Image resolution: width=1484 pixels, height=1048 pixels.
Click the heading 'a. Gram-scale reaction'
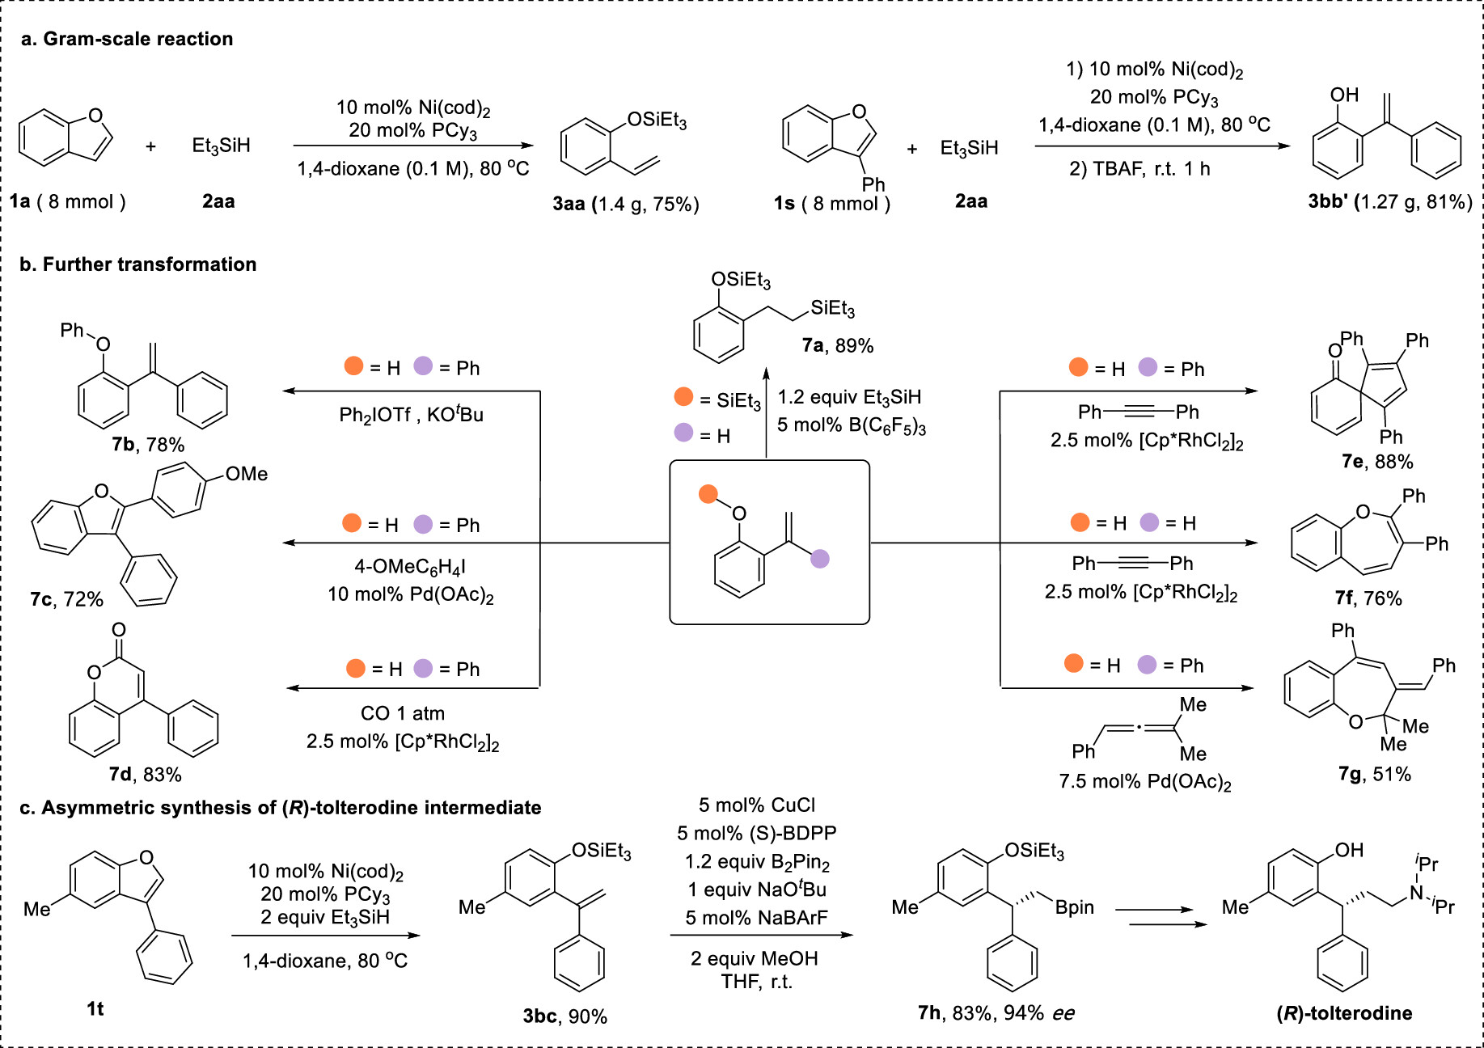(127, 39)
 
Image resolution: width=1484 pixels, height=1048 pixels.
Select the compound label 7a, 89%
(837, 346)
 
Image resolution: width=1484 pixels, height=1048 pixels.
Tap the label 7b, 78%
(148, 445)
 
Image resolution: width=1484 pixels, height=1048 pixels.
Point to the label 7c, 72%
(66, 599)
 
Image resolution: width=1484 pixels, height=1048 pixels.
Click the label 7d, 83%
(145, 775)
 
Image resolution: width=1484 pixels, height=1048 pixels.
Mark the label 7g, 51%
(1374, 774)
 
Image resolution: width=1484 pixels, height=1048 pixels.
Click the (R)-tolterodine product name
(1344, 1013)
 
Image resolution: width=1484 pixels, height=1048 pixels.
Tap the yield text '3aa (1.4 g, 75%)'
(625, 204)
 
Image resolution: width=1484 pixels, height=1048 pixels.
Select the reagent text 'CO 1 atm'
(402, 713)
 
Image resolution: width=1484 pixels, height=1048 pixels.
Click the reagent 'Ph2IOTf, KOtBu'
(411, 415)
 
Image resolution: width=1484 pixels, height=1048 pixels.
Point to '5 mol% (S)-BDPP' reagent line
(756, 833)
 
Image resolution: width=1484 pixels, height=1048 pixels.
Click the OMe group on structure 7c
(247, 474)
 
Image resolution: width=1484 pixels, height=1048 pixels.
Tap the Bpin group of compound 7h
(1074, 907)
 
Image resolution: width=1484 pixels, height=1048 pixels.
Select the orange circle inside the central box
(708, 494)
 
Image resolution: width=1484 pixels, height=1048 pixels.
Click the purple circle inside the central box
(820, 558)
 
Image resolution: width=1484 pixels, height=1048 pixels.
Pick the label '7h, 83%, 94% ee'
(996, 1013)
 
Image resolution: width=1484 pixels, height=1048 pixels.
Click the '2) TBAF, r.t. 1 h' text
(1139, 169)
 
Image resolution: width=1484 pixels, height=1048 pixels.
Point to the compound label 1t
(95, 1008)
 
